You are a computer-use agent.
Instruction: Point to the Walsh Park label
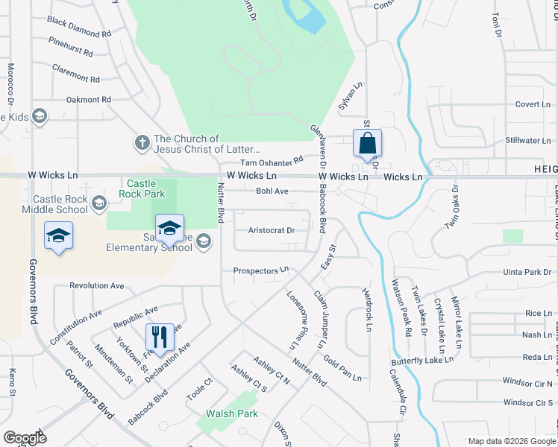pyautogui.click(x=232, y=413)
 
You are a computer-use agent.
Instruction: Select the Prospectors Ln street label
pyautogui.click(x=260, y=270)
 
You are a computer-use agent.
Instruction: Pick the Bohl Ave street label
pyautogui.click(x=272, y=191)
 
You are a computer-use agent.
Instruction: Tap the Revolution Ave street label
pyautogui.click(x=96, y=285)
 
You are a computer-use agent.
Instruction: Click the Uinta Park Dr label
pyautogui.click(x=526, y=273)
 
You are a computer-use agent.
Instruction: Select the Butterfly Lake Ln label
pyautogui.click(x=423, y=361)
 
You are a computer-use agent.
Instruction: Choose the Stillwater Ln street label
pyautogui.click(x=527, y=140)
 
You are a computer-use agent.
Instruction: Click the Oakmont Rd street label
pyautogui.click(x=88, y=99)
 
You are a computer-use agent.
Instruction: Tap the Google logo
pyautogui.click(x=25, y=438)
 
